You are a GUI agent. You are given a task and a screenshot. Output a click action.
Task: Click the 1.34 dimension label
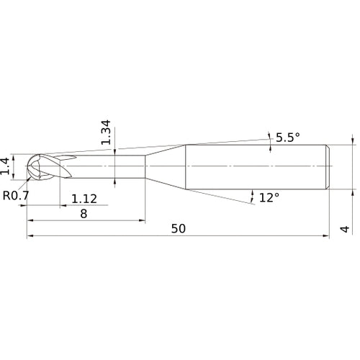click(106, 132)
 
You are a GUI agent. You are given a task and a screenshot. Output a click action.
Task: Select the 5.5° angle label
click(288, 138)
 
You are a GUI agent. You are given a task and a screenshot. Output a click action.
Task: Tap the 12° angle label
click(269, 197)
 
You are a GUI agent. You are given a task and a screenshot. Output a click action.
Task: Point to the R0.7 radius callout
click(16, 195)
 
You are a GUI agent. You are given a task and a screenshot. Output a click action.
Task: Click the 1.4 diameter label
click(5, 166)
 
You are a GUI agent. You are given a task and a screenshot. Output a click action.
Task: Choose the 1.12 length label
click(84, 199)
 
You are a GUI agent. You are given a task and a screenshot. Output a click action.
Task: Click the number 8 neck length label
click(84, 214)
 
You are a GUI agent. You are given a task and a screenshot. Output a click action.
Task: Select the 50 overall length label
click(179, 229)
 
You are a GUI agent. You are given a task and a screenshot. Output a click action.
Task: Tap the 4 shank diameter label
click(345, 229)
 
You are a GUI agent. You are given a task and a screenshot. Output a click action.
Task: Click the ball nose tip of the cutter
click(27, 166)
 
